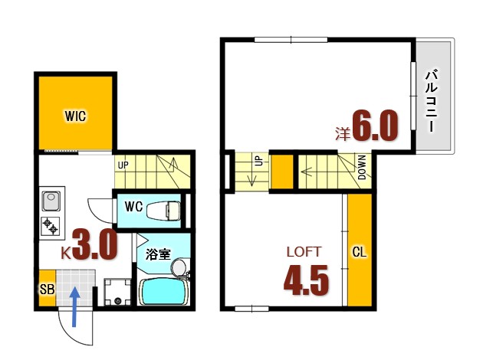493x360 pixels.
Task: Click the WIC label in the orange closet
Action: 75,116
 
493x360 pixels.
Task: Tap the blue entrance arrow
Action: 74,307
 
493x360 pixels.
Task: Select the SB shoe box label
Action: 48,290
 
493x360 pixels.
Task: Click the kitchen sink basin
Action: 51,201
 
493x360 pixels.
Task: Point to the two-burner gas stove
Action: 51,226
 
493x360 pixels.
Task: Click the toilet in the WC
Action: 163,211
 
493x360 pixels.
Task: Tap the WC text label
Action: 133,207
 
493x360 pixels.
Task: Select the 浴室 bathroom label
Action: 158,254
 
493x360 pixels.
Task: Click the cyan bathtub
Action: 163,292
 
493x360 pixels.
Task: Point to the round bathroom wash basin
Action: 179,267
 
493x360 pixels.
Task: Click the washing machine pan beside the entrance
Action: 117,292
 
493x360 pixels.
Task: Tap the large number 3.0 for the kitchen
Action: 95,244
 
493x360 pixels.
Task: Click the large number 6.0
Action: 375,126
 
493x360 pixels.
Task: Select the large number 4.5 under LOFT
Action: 306,280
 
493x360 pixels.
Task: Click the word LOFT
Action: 304,252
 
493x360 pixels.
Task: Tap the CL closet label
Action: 360,252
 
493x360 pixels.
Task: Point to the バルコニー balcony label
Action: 432,101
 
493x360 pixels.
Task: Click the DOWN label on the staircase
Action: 362,167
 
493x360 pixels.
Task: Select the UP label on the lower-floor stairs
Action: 123,165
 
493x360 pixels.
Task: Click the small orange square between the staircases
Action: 282,172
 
